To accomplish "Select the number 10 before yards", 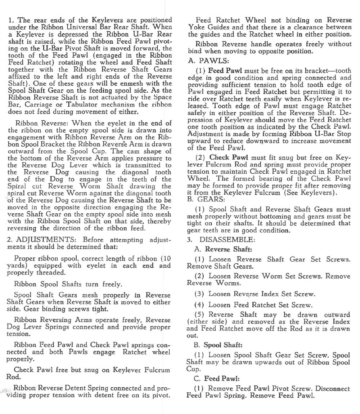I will pyautogui.click(x=166, y=258).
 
